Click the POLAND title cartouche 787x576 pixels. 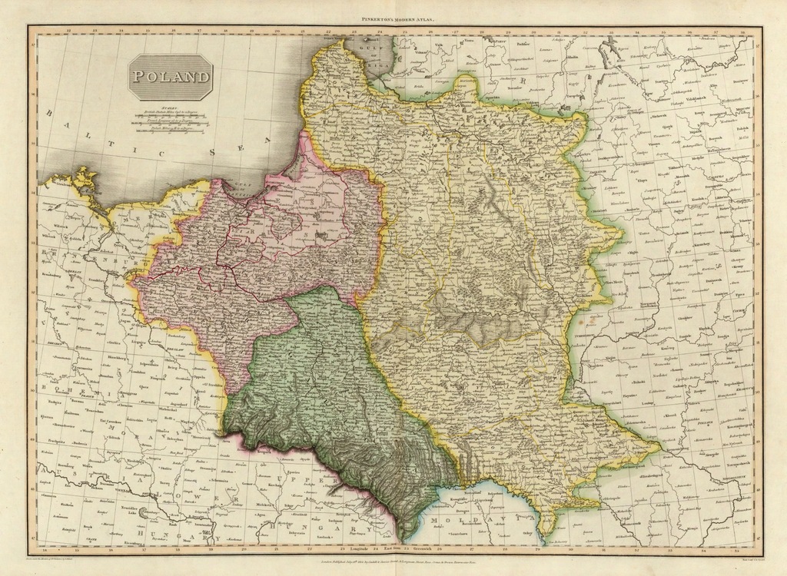coord(170,77)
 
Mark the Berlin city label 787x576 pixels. coord(74,272)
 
